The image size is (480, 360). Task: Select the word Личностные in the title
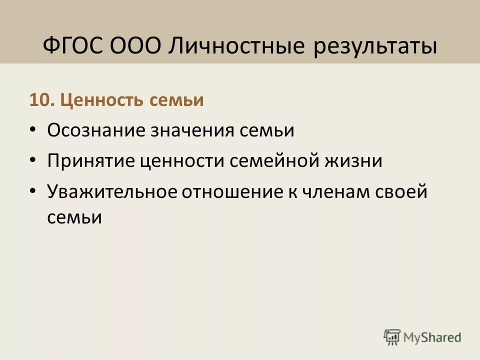(236, 46)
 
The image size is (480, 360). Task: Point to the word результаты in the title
(375, 47)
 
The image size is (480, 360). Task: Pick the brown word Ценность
(103, 100)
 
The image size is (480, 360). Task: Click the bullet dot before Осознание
(33, 129)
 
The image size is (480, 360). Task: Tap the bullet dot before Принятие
(33, 160)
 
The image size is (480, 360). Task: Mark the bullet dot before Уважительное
(33, 190)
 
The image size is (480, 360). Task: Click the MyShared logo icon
(392, 336)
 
